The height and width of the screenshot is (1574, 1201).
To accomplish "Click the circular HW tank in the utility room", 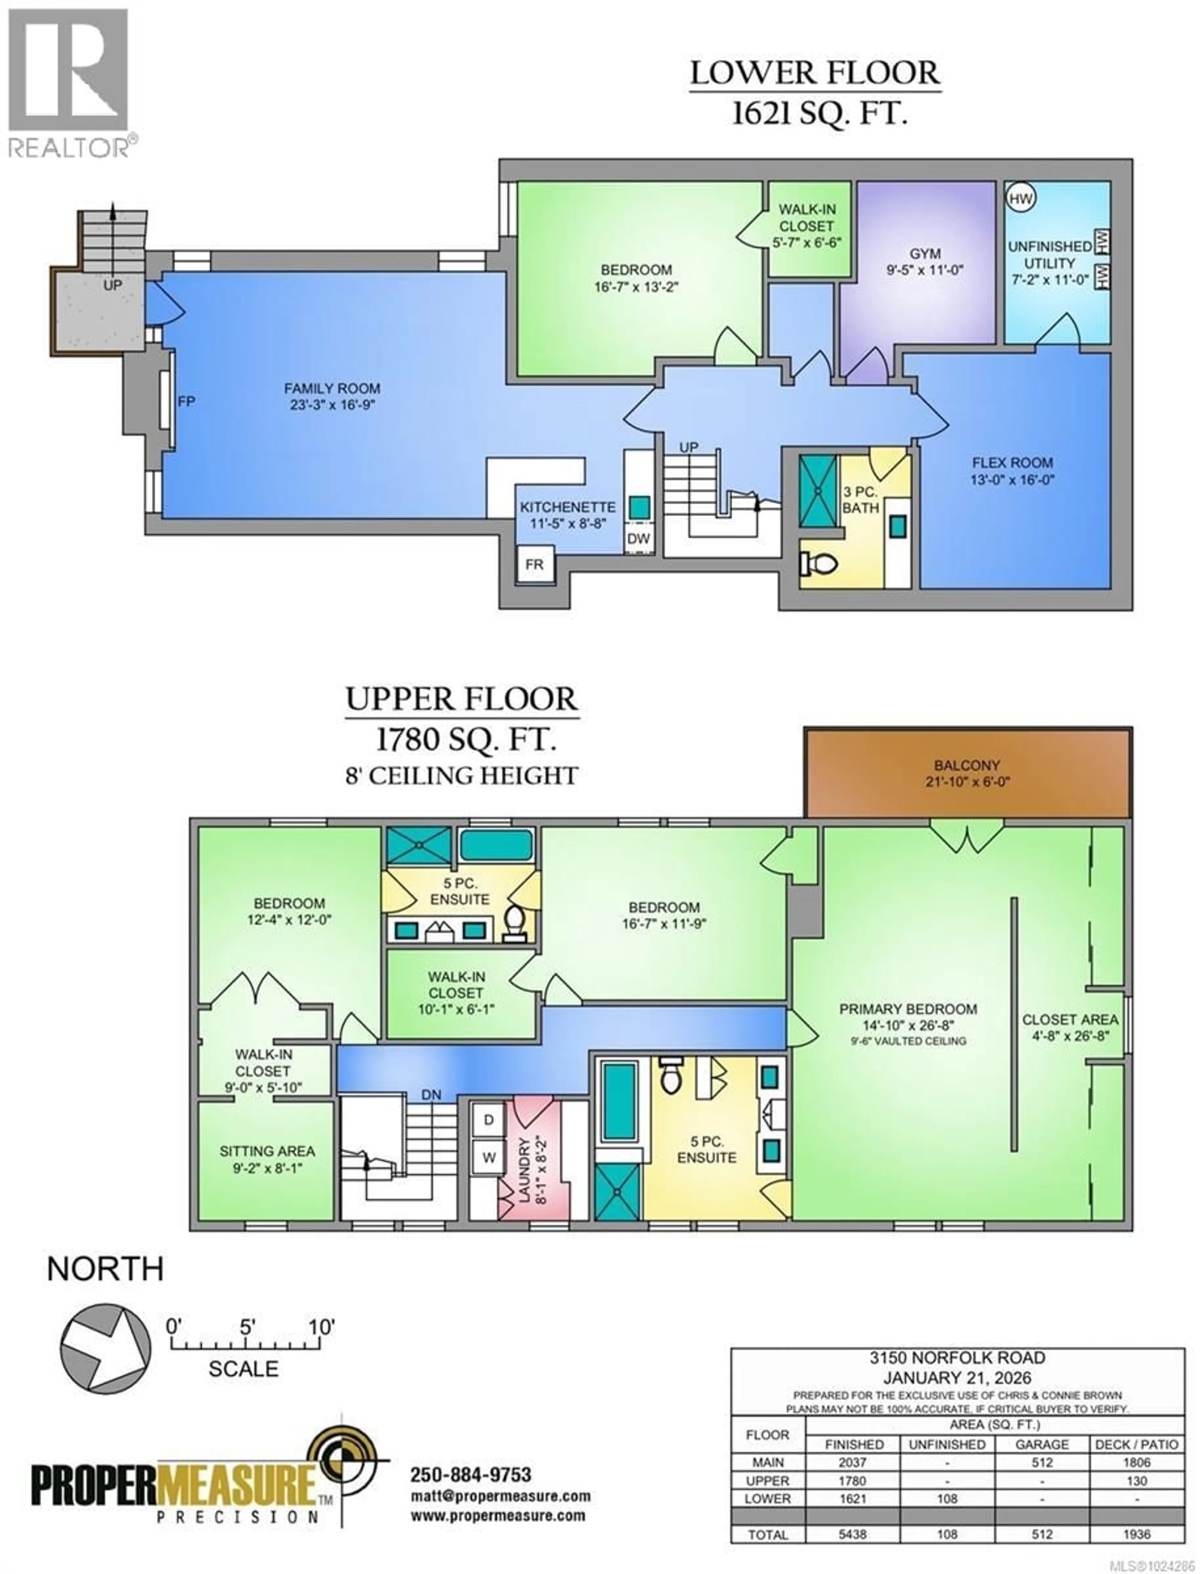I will pyautogui.click(x=1021, y=198).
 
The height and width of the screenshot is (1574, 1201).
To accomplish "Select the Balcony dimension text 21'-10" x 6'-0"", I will pyautogui.click(x=966, y=782).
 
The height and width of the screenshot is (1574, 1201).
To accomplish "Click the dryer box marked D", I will pyautogui.click(x=489, y=1120).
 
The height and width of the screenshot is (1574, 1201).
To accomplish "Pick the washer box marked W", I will pyautogui.click(x=489, y=1158).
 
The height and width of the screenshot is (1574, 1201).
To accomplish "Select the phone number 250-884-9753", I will pyautogui.click(x=470, y=1475).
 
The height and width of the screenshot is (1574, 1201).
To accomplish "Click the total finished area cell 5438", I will pyautogui.click(x=853, y=1535).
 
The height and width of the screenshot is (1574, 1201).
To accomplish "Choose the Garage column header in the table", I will pyautogui.click(x=1041, y=1444).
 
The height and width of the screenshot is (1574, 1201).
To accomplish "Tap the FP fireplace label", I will pyautogui.click(x=186, y=402).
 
